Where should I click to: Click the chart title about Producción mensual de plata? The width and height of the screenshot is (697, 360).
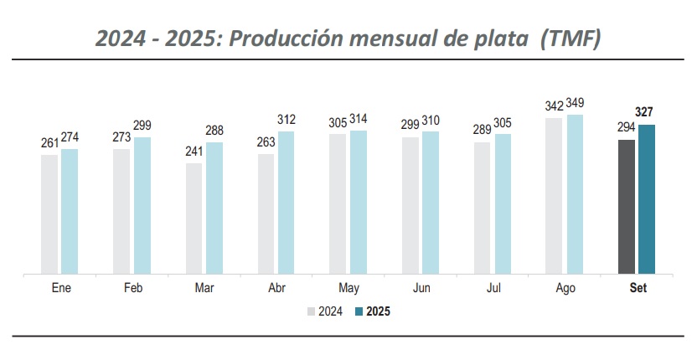(348, 38)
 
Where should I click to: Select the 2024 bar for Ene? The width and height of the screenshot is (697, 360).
(49, 213)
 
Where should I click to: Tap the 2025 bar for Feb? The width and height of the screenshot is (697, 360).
(142, 205)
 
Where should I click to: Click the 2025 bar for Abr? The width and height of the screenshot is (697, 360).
(287, 202)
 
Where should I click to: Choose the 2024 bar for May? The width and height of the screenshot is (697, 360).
(338, 203)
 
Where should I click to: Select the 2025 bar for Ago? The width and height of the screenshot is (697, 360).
(575, 193)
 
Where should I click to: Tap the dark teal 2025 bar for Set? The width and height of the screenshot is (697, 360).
(647, 198)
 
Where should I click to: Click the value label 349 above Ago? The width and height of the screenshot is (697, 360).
(575, 104)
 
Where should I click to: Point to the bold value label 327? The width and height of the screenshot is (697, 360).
(645, 112)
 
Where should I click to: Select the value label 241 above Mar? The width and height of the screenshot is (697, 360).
(193, 152)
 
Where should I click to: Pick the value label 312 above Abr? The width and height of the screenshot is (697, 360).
(287, 120)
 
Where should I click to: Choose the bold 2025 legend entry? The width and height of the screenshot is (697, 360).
(372, 311)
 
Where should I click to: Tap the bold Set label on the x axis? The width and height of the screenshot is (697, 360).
(637, 289)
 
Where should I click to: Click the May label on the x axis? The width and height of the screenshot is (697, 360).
(348, 289)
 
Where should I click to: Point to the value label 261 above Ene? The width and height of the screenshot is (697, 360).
(49, 143)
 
